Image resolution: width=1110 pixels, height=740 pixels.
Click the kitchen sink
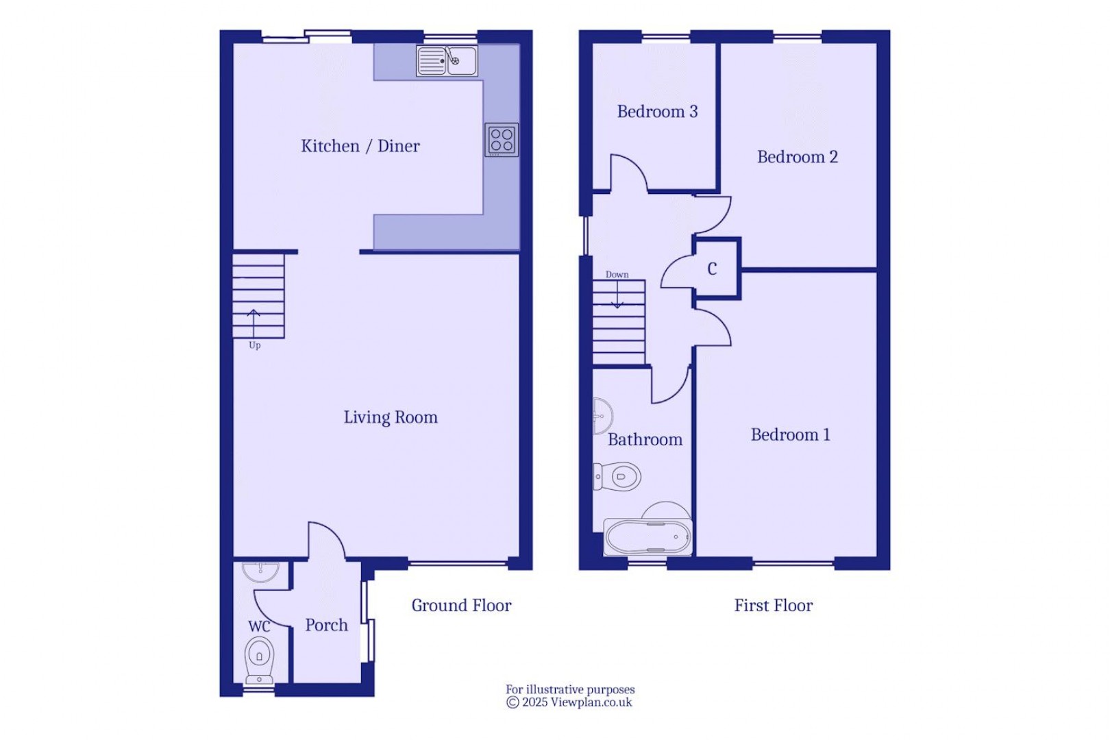447,61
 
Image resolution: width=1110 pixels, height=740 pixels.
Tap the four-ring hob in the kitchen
502,140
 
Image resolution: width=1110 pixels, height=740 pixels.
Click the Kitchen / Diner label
360,146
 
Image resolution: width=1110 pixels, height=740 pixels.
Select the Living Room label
391,417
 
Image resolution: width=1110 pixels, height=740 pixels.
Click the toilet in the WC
260,659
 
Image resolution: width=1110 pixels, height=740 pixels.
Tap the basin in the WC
260,571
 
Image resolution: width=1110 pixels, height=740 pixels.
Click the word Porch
326,625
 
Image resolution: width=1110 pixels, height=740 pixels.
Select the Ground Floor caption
461,606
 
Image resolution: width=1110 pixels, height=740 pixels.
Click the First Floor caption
774,606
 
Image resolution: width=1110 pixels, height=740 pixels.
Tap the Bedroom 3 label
657,112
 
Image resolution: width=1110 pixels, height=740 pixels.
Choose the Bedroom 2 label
798,157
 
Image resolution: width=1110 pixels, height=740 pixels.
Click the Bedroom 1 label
791,435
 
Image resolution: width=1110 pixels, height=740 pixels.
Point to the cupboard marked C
713,269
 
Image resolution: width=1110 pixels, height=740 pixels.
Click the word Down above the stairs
617,275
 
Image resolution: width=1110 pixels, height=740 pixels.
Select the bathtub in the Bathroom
647,536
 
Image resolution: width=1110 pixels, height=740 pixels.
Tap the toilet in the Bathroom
618,476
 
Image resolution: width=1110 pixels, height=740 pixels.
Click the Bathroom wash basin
602,416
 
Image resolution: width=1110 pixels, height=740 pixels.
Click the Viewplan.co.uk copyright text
569,702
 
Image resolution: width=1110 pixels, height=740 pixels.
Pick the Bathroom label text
645,440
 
